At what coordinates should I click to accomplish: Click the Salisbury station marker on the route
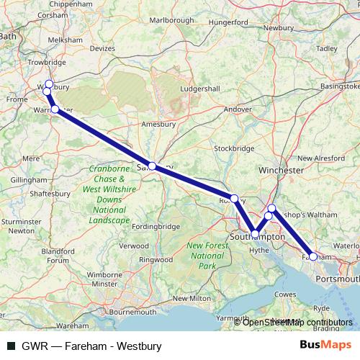pos(152,166)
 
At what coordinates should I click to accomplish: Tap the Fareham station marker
pos(313,256)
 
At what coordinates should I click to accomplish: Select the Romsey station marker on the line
pos(234,198)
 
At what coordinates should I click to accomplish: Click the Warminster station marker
pos(55,109)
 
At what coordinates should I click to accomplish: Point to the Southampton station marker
pos(255,234)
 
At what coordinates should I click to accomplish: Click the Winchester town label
pos(281,170)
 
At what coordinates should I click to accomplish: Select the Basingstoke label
pos(339,86)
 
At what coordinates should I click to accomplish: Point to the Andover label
pos(238,109)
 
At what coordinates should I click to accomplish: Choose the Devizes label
pos(102,48)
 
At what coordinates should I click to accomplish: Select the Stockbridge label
pos(235,148)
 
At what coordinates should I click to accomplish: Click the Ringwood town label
pos(156,259)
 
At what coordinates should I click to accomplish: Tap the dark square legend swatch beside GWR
pos(11,346)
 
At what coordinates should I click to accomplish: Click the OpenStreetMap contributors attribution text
pos(297,322)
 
